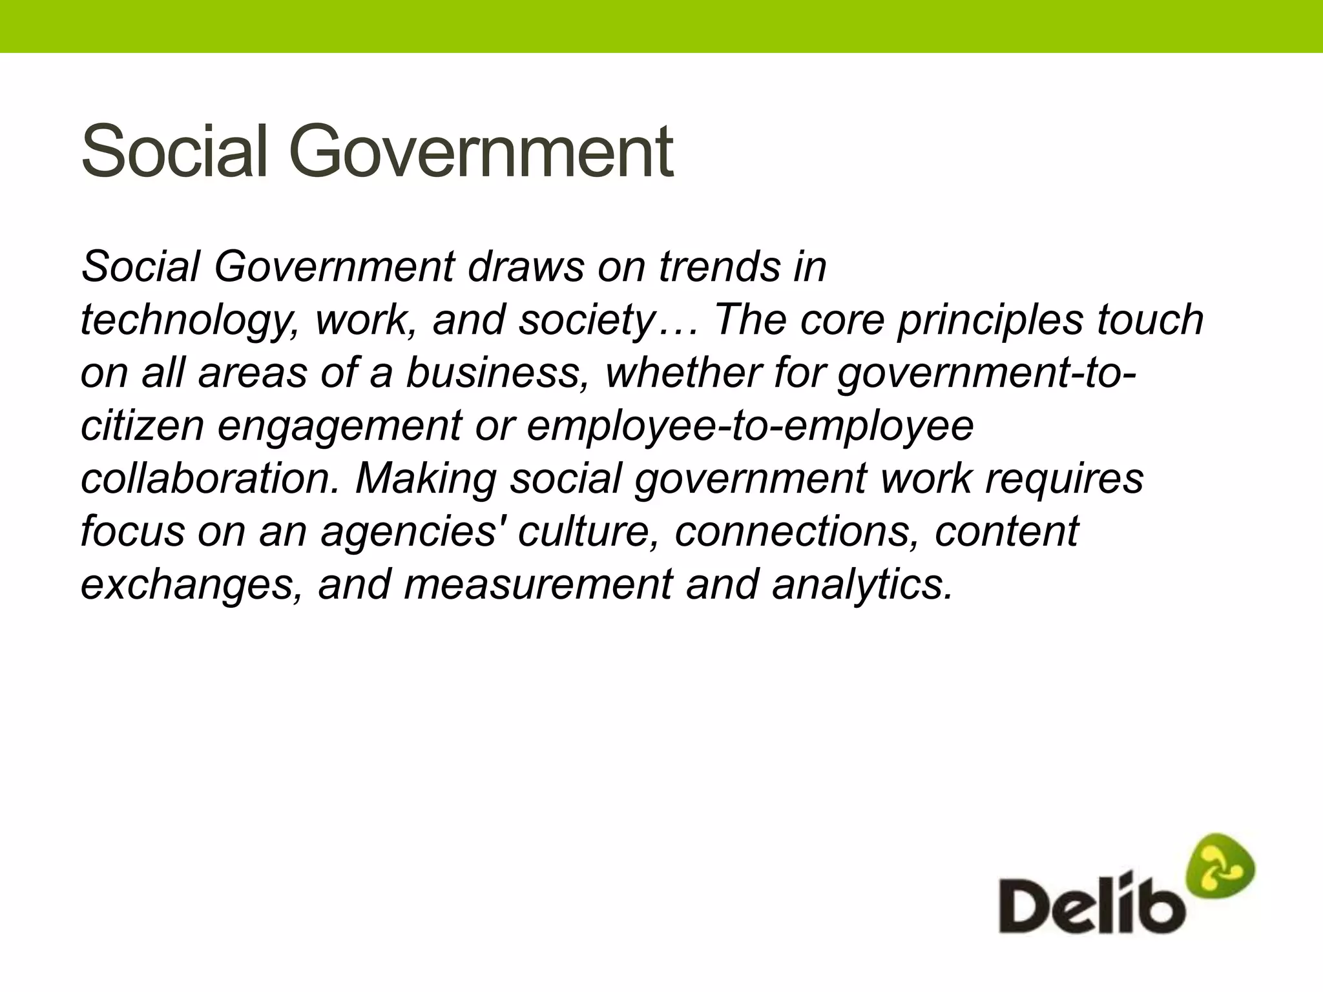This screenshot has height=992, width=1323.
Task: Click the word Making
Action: (x=426, y=480)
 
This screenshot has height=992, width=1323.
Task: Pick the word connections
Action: (x=797, y=532)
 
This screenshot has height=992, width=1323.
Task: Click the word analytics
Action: (x=862, y=585)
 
